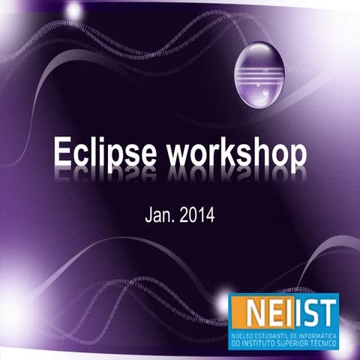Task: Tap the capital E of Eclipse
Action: pyautogui.click(x=62, y=152)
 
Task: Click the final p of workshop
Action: pyautogui.click(x=298, y=156)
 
